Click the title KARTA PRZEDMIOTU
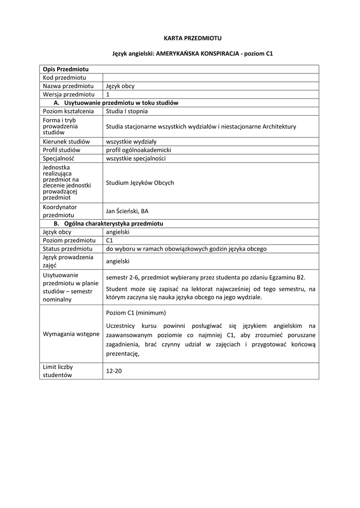pos(179,38)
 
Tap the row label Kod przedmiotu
pos(65,77)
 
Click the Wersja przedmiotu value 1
pos(108,94)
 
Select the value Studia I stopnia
pos(127,111)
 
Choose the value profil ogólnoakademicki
pos(139,150)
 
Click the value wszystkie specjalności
pos(136,158)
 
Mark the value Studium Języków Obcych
pos(140,183)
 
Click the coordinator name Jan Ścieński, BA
pos(127,211)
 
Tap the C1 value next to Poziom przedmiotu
pos(110,240)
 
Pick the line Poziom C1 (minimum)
pos(136,313)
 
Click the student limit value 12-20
pos(114,371)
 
